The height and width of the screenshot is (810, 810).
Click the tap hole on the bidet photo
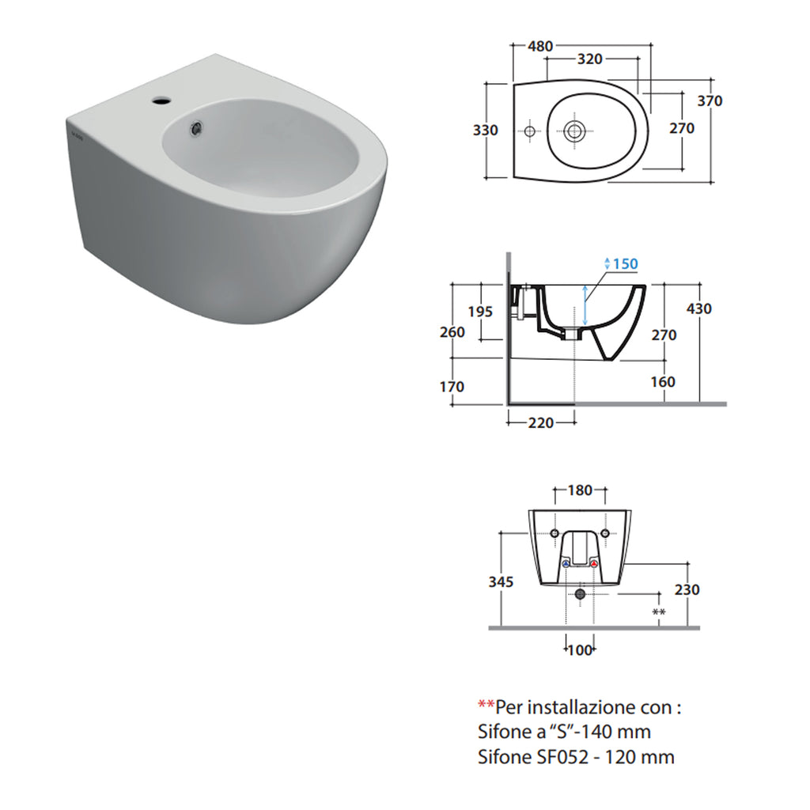pos(162,100)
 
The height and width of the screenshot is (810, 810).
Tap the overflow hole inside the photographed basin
pos(195,125)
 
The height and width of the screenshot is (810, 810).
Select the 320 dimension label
pos(589,59)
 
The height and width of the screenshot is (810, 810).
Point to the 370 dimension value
pos(709,101)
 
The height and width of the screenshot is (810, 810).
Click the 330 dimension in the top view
pos(486,130)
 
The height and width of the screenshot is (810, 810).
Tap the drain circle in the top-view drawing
pos(576,130)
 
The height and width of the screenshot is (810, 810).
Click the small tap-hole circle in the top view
pos(529,130)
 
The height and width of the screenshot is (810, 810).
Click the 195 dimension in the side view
pos(479,312)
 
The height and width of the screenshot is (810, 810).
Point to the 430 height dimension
pos(698,308)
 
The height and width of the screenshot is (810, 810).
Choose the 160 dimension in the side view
pos(663,382)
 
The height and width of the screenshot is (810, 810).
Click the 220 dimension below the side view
pos(541,423)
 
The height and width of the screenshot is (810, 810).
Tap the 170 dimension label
pos(452,387)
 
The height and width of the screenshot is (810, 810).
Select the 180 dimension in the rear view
pos(580,490)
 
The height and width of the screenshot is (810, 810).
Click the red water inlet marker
pos(593,564)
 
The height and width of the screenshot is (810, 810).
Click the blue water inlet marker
pos(566,564)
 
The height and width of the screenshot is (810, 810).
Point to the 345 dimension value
pos(501,582)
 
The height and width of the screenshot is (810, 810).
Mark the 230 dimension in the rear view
pos(687,590)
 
